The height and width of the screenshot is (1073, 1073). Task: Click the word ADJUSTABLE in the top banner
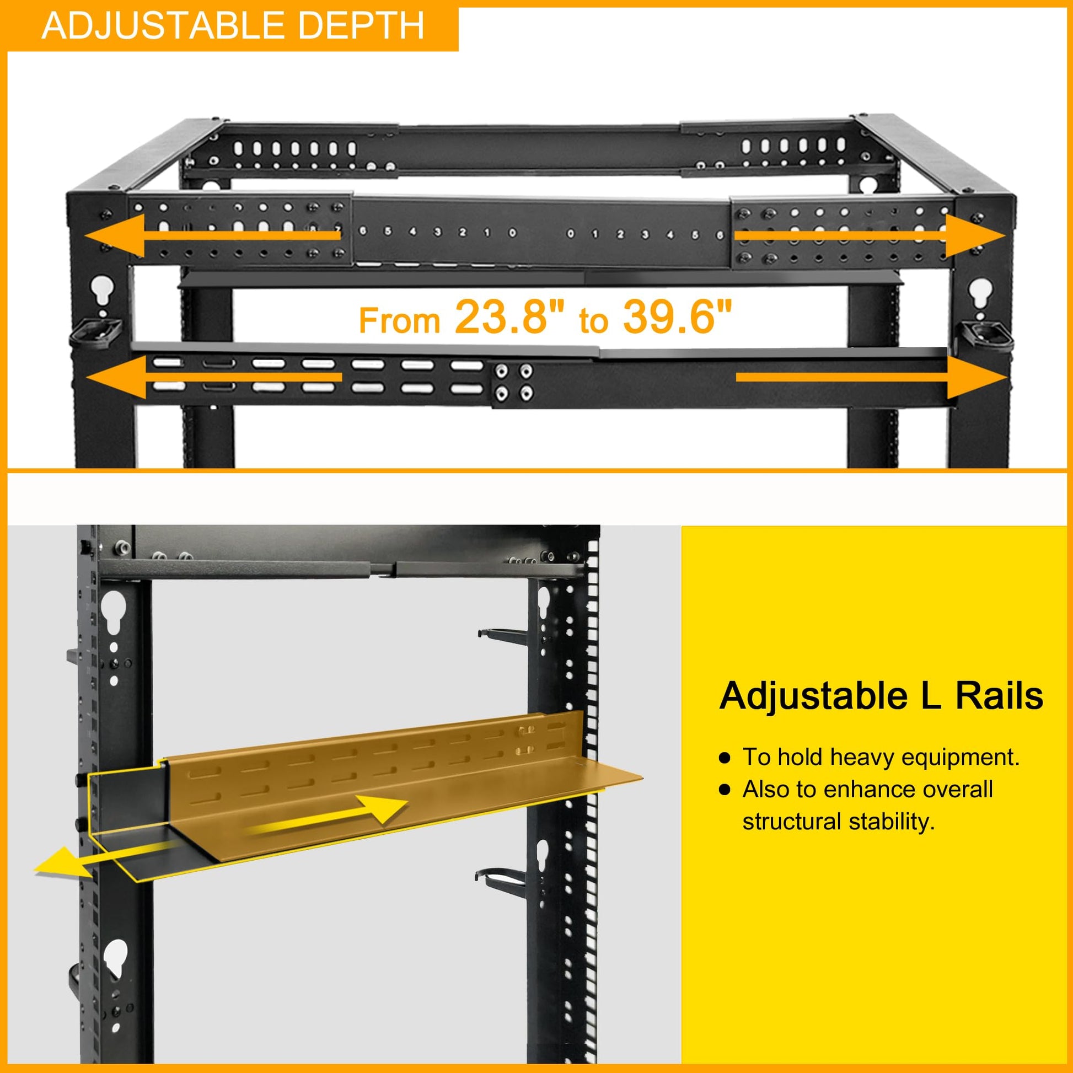click(153, 25)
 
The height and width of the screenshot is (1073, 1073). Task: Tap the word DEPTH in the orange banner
click(353, 25)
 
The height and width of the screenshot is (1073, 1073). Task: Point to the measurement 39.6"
click(677, 316)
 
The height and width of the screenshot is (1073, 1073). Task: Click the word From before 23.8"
click(399, 320)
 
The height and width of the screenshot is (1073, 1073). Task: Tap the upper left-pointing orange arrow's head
click(114, 236)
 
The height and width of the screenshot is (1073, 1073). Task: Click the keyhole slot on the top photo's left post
click(102, 290)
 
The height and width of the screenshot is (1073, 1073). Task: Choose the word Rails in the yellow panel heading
click(999, 696)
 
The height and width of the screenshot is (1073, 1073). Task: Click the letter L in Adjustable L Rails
click(930, 696)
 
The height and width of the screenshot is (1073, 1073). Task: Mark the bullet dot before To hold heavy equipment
click(724, 759)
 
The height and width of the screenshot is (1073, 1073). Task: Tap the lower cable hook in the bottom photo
click(501, 877)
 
